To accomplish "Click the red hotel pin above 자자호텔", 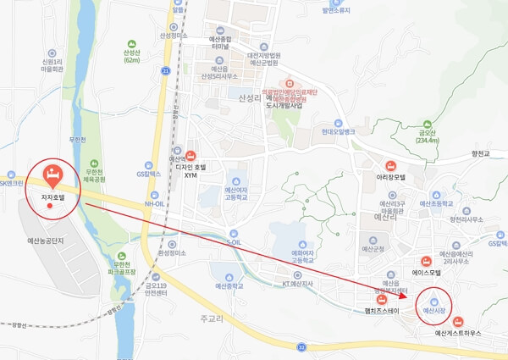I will (51, 175).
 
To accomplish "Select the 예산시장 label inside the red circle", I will (433, 313).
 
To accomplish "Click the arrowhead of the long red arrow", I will (407, 293).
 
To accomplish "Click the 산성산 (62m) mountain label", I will (131, 56).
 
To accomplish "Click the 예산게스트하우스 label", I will (458, 334).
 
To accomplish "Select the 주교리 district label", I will (210, 318).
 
